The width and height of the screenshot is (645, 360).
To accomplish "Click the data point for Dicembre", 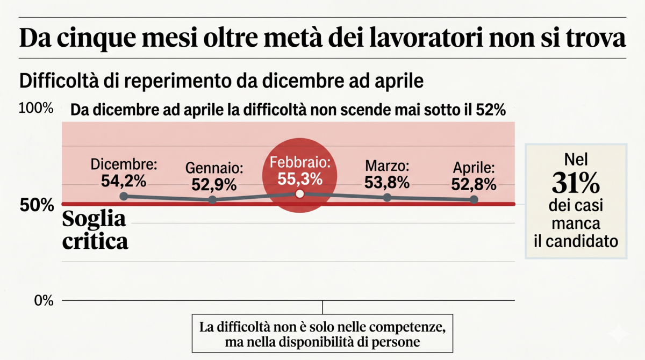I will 124,196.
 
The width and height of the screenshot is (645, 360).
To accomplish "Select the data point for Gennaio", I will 212,200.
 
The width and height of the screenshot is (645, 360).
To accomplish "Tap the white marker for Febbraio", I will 300,193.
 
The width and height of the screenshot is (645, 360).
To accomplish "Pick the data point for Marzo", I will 387,197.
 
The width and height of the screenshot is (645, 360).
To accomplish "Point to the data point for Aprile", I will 474,199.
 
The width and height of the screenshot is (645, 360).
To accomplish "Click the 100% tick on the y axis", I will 36,109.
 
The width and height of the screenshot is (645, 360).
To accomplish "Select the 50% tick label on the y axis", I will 40,205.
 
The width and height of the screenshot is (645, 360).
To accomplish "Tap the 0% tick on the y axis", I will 44,300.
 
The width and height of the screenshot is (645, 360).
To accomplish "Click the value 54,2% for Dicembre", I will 124,181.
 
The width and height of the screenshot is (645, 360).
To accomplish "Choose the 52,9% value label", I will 214,184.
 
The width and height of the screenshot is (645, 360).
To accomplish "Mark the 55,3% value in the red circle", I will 300,178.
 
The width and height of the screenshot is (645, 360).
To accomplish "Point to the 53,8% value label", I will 387,182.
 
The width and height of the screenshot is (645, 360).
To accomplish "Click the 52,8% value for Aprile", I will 474,184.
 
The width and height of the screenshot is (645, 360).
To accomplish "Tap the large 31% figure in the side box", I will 576,184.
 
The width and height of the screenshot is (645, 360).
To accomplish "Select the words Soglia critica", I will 95,230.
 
